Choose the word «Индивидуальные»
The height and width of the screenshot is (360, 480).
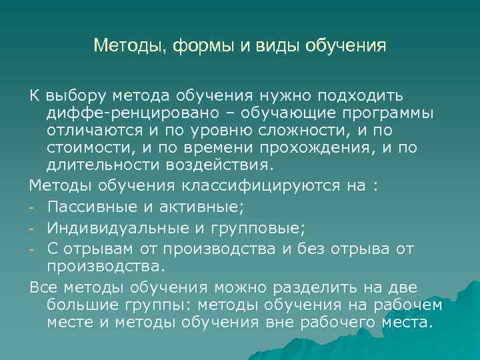point(119,229)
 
